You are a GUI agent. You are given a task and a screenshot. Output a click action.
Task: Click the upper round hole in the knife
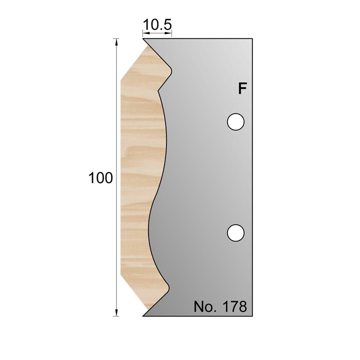click(x=235, y=121)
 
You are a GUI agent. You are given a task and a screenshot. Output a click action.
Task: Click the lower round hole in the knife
click(x=235, y=232)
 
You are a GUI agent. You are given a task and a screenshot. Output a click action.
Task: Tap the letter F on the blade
click(x=242, y=89)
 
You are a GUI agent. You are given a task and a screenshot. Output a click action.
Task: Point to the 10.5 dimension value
click(x=157, y=24)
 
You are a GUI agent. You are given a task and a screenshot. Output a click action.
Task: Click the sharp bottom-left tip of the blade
click(x=143, y=316)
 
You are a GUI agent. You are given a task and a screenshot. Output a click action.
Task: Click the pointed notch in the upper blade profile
click(x=158, y=90)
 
